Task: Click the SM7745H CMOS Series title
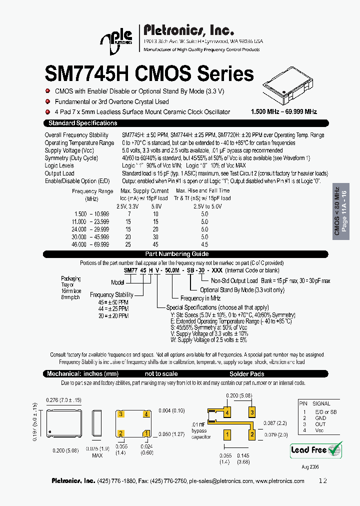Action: pos(149,74)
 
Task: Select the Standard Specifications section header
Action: pos(82,123)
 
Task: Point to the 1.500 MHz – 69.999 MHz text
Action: pos(283,111)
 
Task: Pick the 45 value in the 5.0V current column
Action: pos(155,245)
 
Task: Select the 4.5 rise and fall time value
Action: pos(204,245)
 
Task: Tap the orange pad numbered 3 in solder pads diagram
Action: pos(252,412)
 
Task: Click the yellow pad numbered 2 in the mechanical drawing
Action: pos(120,433)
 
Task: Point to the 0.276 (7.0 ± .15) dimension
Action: pos(64,400)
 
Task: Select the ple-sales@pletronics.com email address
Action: pos(221,481)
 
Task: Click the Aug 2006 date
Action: pos(309,466)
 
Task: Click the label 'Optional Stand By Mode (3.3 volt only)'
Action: pos(242,289)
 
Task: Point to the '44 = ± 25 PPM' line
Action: pos(113,309)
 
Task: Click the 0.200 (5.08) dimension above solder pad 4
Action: pos(238,395)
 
